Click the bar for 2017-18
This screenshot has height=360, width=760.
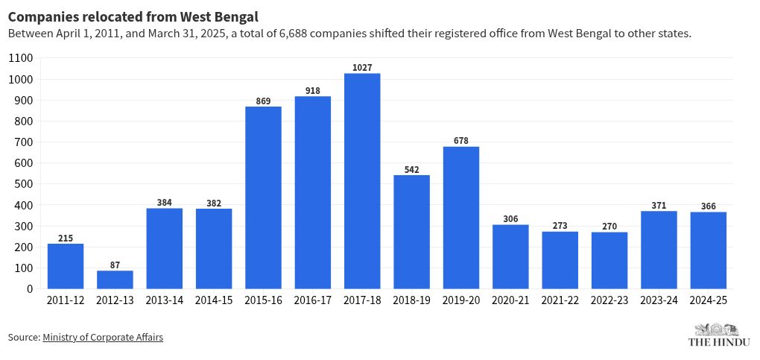362,180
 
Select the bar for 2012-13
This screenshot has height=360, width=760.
115,280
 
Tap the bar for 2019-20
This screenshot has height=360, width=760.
461,218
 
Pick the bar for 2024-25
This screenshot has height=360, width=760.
708,250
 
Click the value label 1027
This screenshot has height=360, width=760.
362,68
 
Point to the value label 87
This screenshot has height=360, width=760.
115,265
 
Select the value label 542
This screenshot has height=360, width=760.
411,169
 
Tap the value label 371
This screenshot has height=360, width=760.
659,206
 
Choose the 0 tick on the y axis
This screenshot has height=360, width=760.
29,289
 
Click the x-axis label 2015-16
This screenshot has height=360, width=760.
263,300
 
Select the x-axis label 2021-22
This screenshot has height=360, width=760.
560,300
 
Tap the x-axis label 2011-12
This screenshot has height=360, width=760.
66,300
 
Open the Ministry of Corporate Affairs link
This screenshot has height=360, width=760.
103,338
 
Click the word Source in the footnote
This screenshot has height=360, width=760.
23,338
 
